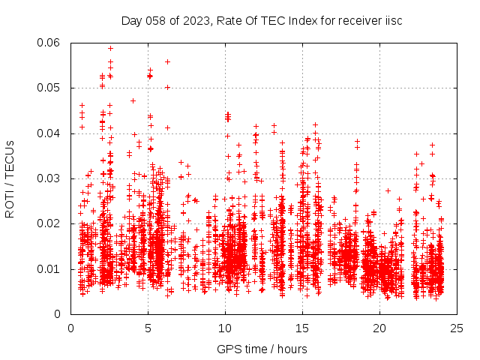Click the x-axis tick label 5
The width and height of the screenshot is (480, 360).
tap(148, 328)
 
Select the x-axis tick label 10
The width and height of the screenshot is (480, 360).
tap(225, 328)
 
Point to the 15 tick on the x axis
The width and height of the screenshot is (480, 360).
tap(302, 328)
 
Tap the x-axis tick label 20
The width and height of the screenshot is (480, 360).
tap(379, 328)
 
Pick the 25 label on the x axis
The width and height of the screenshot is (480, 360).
tap(457, 328)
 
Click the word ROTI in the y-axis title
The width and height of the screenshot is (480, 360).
tap(10, 202)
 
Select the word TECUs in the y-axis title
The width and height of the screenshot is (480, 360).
tap(10, 157)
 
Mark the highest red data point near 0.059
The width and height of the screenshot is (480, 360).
tap(110, 48)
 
